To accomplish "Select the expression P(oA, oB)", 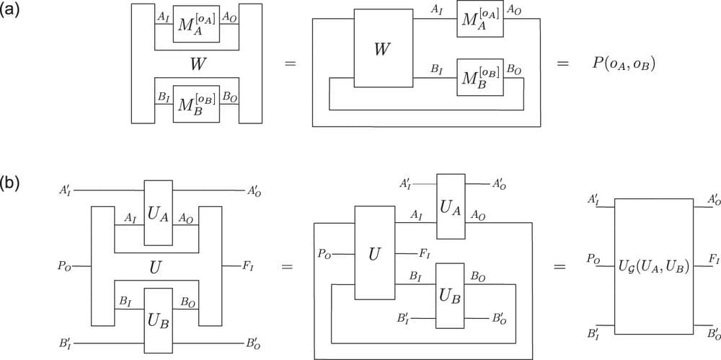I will pyautogui.click(x=623, y=63).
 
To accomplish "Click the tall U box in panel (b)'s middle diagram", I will pyautogui.click(x=374, y=253).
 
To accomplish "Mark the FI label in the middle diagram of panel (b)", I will pyautogui.click(x=425, y=253).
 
